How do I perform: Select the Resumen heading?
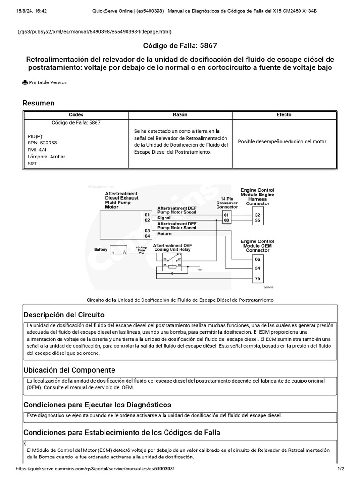coord(39,103)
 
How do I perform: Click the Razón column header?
coord(180,114)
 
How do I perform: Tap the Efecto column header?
coord(284,114)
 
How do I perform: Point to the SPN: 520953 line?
coord(43,142)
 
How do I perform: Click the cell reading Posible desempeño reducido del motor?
coord(283,141)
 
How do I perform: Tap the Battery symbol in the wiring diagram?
coord(118,250)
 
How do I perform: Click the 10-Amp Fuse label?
coord(142,249)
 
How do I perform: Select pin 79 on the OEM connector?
coord(257,279)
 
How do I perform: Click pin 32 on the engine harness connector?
coord(257,214)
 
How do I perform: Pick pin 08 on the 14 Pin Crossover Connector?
coord(226,220)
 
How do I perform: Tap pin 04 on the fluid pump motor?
coord(147,236)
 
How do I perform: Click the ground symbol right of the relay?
coord(200,270)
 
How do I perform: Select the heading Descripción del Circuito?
coord(64,315)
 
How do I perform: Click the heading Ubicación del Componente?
coord(69,370)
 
